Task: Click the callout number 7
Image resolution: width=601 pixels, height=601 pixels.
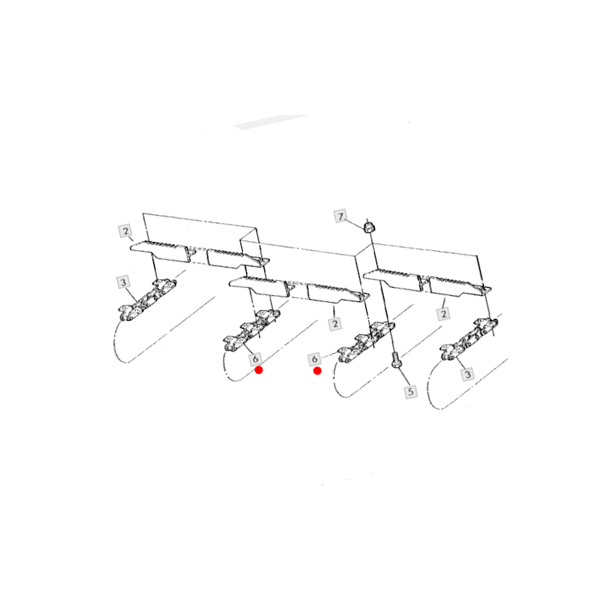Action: click(340, 216)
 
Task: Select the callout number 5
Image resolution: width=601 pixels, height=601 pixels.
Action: click(411, 391)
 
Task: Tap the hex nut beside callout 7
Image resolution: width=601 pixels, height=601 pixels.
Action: click(369, 227)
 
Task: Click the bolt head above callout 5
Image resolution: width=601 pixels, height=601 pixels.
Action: click(397, 361)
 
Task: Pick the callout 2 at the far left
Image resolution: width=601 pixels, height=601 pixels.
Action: click(125, 231)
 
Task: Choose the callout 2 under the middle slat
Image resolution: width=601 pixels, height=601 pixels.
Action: click(335, 324)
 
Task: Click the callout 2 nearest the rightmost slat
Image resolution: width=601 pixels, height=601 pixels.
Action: click(443, 314)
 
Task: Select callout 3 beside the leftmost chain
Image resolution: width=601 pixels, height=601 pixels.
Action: click(123, 282)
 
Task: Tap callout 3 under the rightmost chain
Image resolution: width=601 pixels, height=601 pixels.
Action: click(467, 373)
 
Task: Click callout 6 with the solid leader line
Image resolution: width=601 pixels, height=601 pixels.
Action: click(255, 359)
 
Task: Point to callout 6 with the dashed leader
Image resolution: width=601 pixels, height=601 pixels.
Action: click(314, 360)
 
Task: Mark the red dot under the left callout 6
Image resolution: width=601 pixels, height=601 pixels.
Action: click(259, 370)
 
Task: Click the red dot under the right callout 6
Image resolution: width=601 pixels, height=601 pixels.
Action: click(317, 370)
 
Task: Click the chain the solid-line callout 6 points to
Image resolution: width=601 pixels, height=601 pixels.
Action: click(251, 331)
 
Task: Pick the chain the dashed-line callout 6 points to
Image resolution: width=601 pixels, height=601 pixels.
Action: click(366, 343)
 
